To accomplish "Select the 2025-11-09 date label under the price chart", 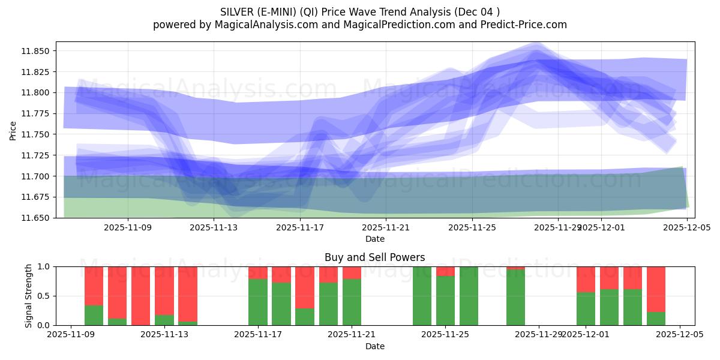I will (x=127, y=227).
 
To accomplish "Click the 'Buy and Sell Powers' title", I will (x=374, y=257).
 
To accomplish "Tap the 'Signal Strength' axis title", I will (x=28, y=296).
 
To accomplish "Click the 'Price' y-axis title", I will (x=13, y=130).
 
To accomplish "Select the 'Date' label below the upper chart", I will (x=374, y=239).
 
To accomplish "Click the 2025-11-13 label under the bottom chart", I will (x=164, y=335).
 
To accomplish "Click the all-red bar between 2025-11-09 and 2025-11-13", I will (x=141, y=296).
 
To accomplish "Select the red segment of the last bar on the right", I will (x=656, y=288).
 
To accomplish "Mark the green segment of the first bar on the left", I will (x=94, y=316).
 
